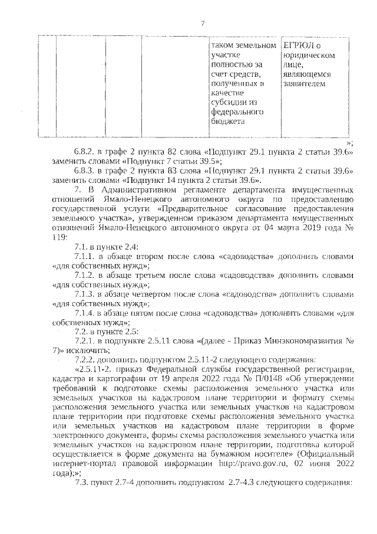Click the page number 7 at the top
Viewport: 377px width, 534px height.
pos(202,24)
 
